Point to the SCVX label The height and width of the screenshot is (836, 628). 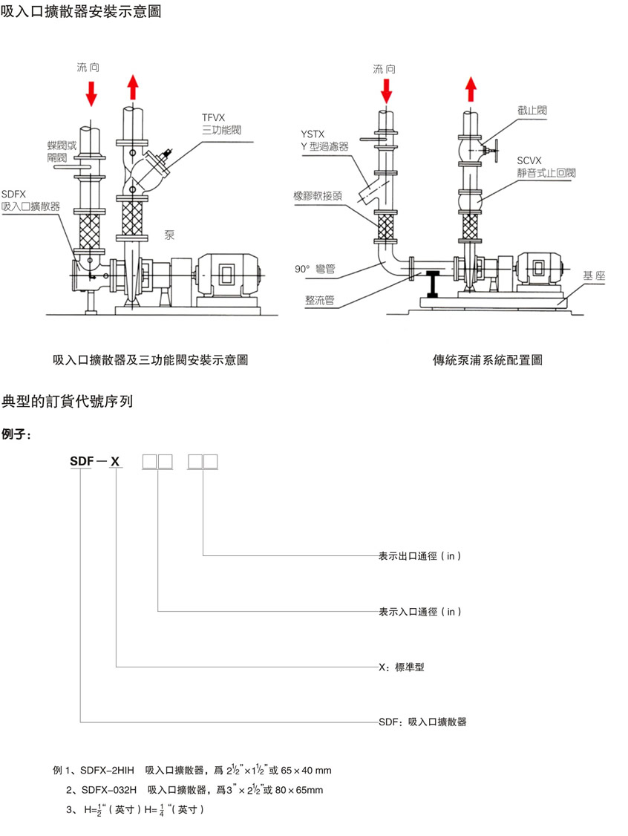click(x=531, y=160)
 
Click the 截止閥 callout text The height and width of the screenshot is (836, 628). click(x=532, y=110)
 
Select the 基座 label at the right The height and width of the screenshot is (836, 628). click(x=595, y=275)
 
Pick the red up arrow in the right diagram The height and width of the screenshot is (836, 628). click(x=471, y=89)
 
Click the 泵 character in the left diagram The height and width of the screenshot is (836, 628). click(x=169, y=235)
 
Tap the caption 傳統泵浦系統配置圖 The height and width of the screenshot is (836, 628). click(x=487, y=360)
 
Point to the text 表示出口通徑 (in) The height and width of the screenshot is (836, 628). click(x=420, y=555)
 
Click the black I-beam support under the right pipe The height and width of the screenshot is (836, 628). click(x=432, y=284)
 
